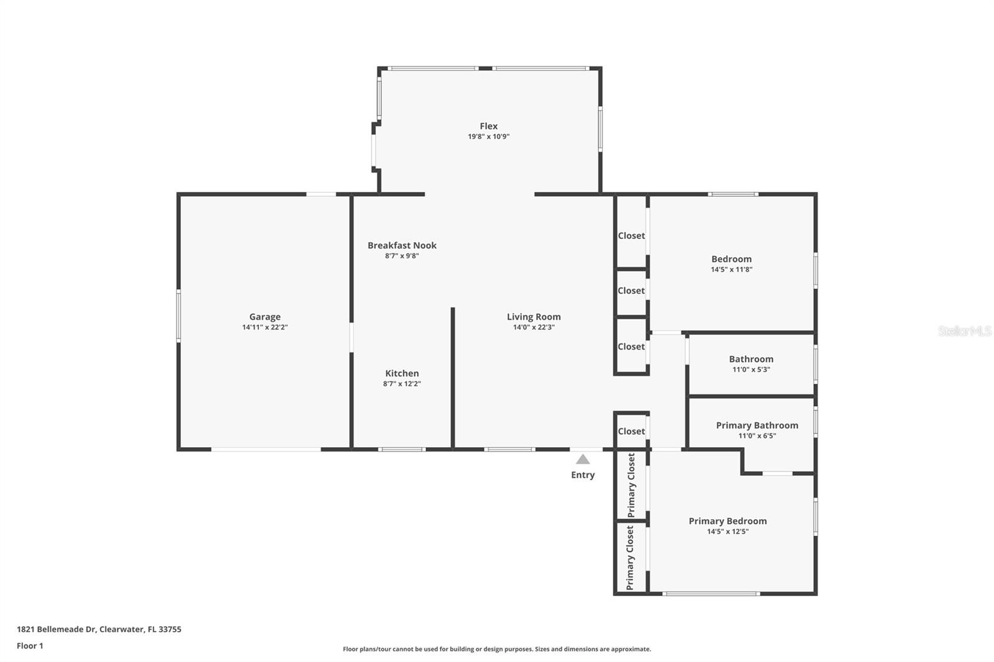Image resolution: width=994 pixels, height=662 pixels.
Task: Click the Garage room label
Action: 265,317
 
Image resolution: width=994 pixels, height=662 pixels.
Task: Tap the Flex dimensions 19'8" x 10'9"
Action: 488,137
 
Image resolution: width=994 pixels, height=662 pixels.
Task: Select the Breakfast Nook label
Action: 402,245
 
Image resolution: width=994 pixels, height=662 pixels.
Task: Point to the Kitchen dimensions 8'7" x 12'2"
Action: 402,384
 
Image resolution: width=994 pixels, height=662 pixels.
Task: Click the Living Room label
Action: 534,317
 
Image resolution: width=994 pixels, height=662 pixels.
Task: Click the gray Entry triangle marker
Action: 583,459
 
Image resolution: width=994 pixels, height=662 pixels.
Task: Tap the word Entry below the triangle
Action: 583,475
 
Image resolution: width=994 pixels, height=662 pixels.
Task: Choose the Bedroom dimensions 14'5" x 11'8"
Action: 732,270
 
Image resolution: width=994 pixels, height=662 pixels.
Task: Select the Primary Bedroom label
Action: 727,522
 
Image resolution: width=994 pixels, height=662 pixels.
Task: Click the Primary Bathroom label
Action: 757,425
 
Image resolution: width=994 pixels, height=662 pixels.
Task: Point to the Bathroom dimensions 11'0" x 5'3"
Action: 751,370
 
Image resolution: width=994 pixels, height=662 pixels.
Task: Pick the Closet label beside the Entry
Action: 631,431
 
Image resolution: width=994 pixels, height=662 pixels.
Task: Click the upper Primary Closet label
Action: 631,485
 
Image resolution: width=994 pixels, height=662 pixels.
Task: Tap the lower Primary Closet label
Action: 630,558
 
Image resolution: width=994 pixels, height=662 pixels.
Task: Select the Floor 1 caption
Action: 30,646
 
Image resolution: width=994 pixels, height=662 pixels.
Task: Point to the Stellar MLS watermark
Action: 965,331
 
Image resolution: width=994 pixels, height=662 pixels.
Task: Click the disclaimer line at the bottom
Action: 497,649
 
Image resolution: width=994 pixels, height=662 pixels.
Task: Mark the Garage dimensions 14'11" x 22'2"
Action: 265,327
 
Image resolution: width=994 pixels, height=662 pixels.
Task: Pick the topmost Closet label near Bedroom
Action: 631,235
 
